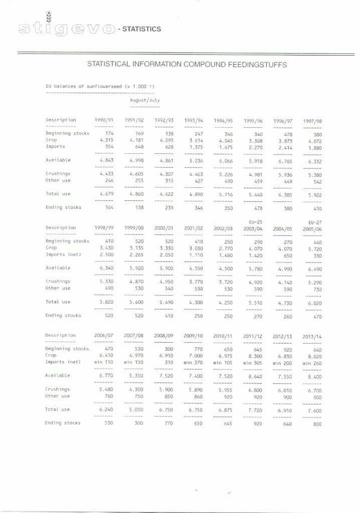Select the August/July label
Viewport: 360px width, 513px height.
pyautogui.click(x=145, y=100)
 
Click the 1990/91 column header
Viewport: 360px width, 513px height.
pyautogui.click(x=104, y=120)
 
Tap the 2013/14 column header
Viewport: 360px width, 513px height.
pyautogui.click(x=312, y=336)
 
